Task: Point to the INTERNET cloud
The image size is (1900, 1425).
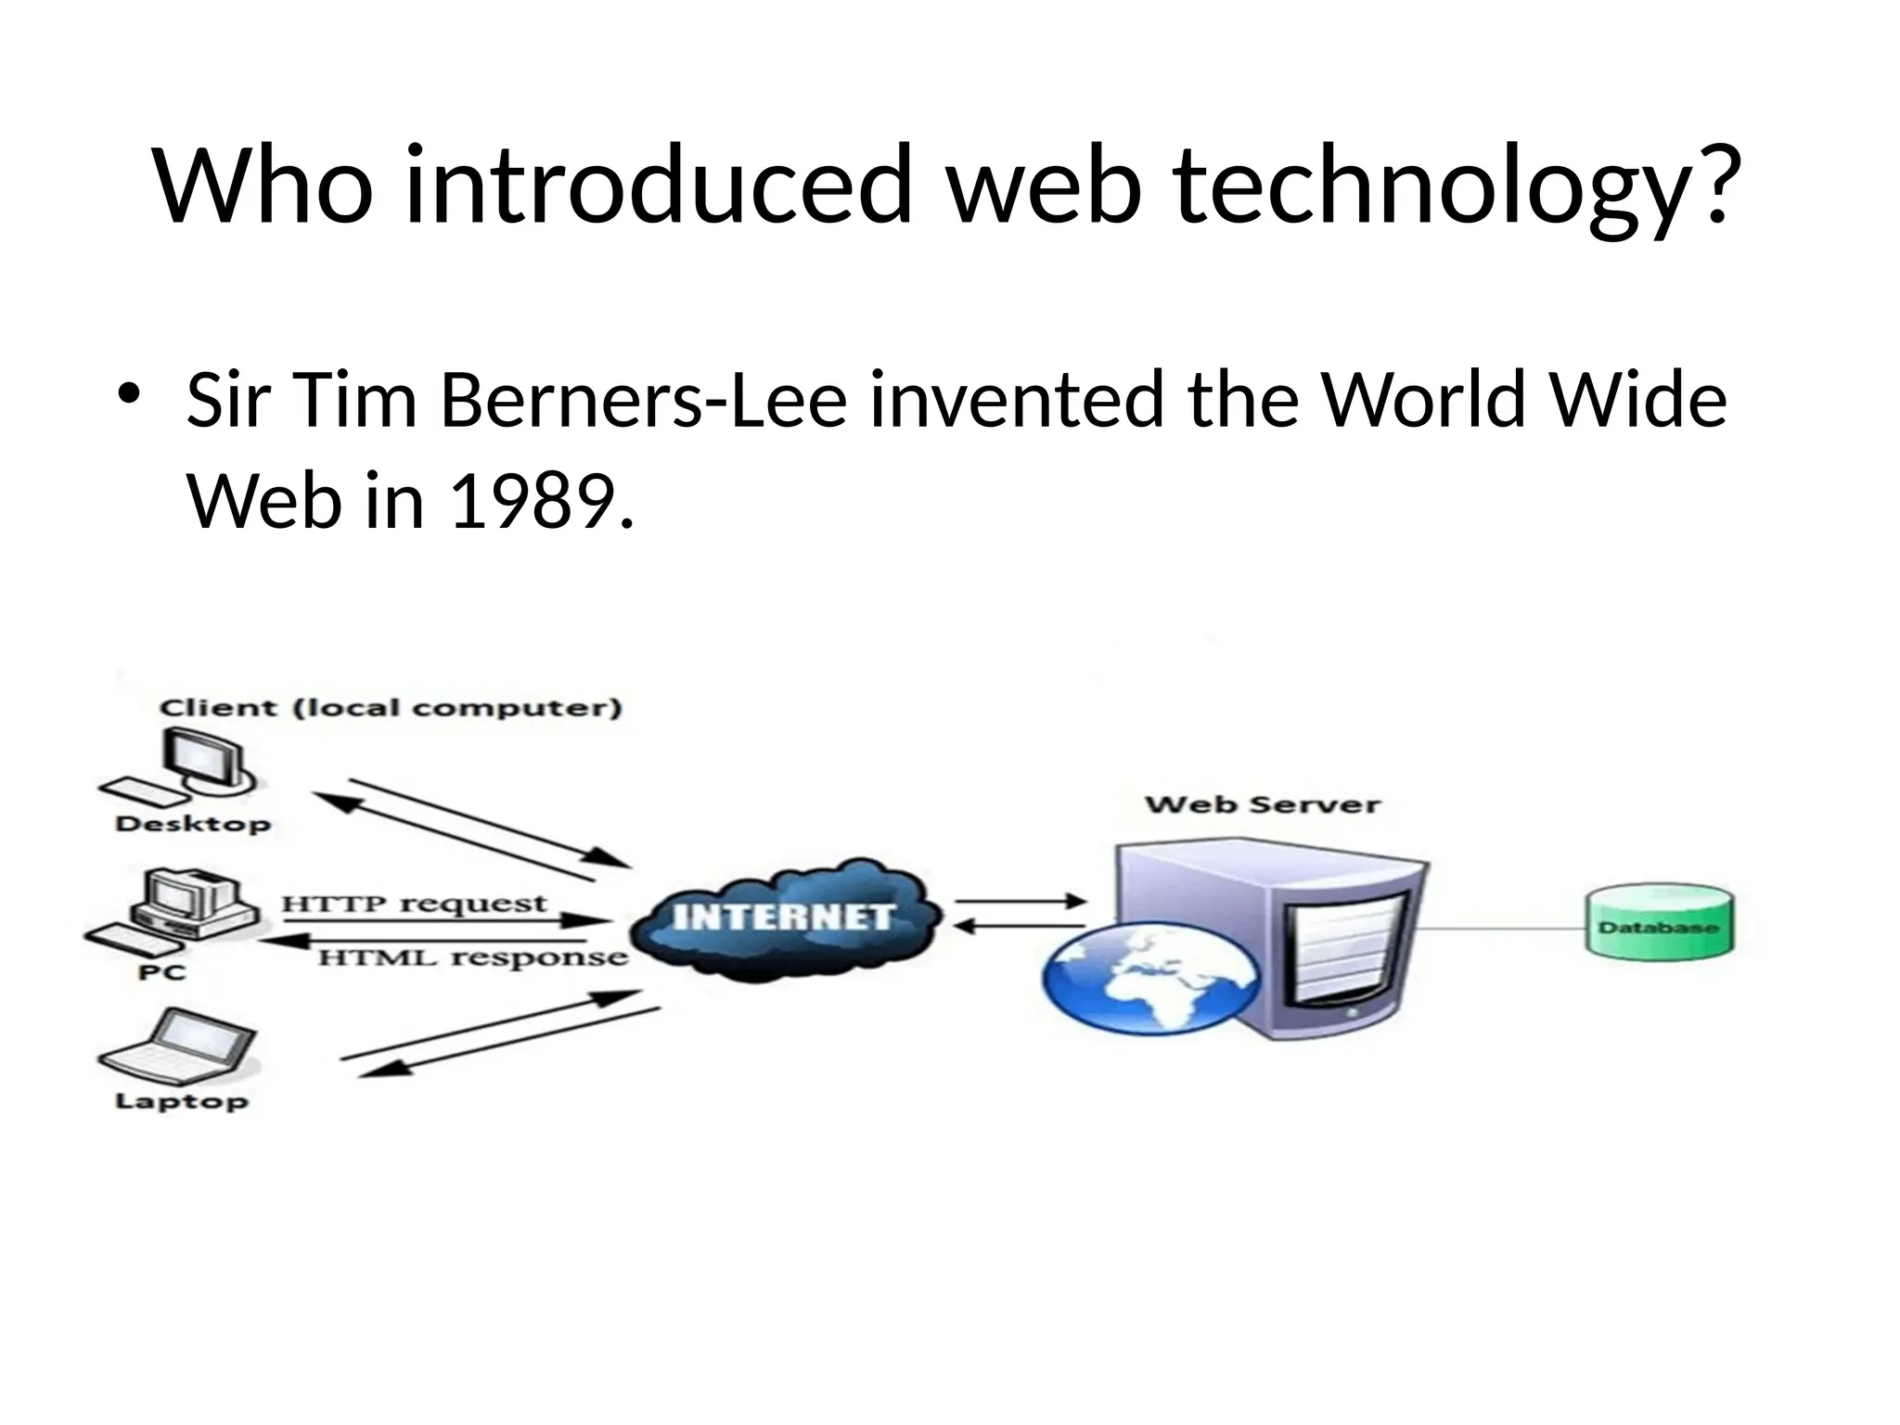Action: coord(785,918)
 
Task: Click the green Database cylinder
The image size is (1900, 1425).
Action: coord(1658,922)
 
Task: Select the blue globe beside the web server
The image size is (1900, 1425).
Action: coord(1150,980)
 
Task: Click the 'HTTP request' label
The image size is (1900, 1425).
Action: coord(414,903)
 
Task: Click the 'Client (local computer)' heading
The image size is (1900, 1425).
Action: coord(391,708)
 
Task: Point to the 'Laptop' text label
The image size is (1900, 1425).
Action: coord(182,1101)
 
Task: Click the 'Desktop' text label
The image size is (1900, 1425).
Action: coord(193,823)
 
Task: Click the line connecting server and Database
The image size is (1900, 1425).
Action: coord(1503,927)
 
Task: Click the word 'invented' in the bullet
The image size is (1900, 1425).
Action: coord(1016,400)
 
